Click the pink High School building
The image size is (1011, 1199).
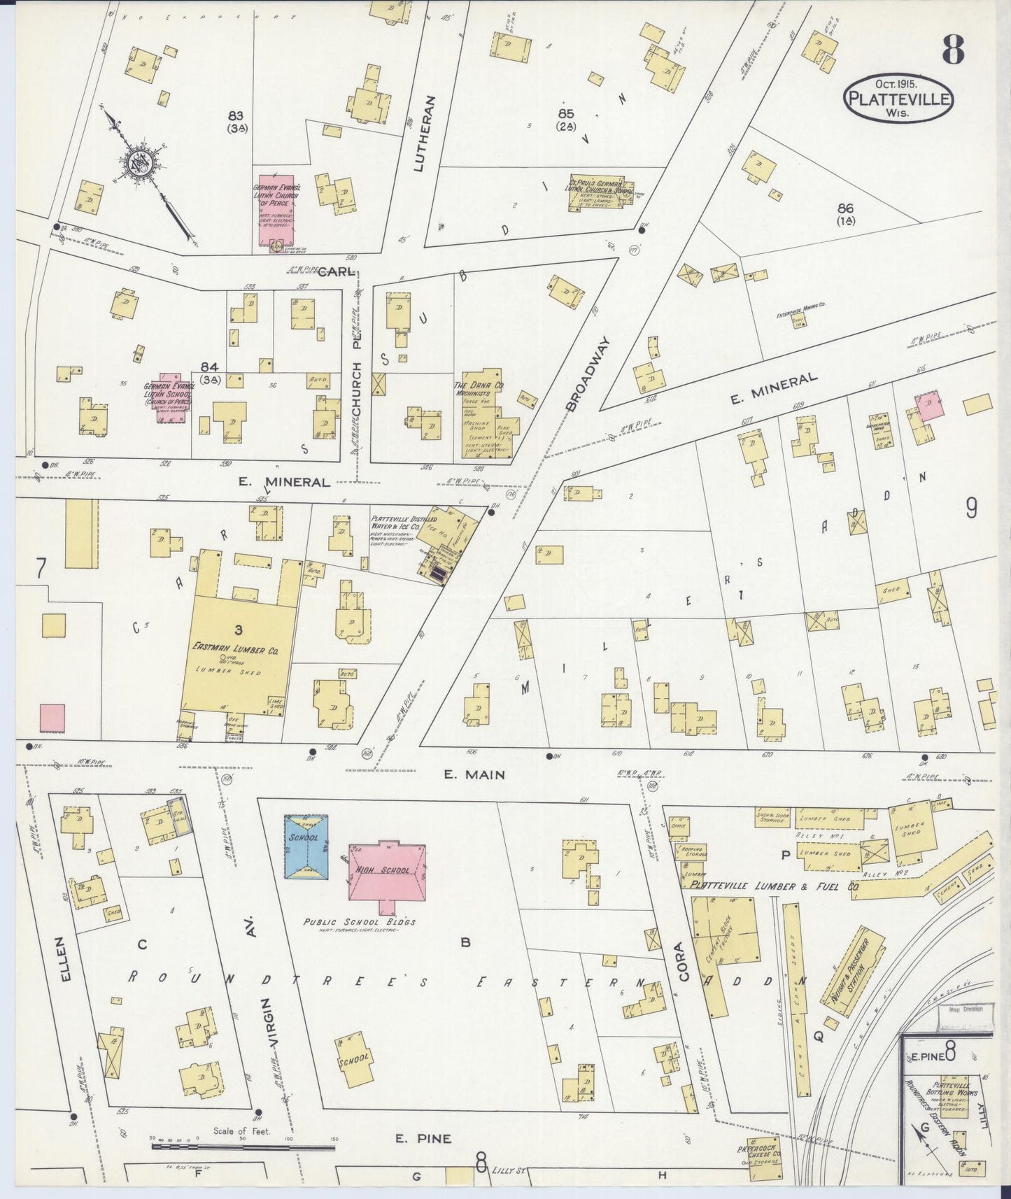387,873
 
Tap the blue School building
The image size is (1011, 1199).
306,845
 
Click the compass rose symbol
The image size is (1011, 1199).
138,164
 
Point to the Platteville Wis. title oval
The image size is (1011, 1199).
898,99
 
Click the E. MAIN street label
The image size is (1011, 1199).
474,774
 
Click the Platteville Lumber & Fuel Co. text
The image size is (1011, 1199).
774,886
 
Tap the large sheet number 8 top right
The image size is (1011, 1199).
952,49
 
